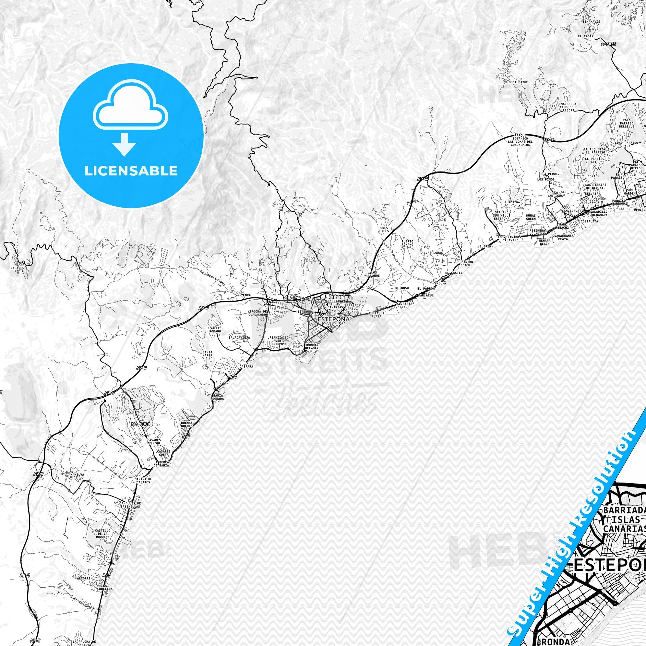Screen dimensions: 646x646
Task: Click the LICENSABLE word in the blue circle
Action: coord(131,171)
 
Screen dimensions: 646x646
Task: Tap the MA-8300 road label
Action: coord(141,424)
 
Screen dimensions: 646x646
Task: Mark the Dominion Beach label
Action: coord(465,263)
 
